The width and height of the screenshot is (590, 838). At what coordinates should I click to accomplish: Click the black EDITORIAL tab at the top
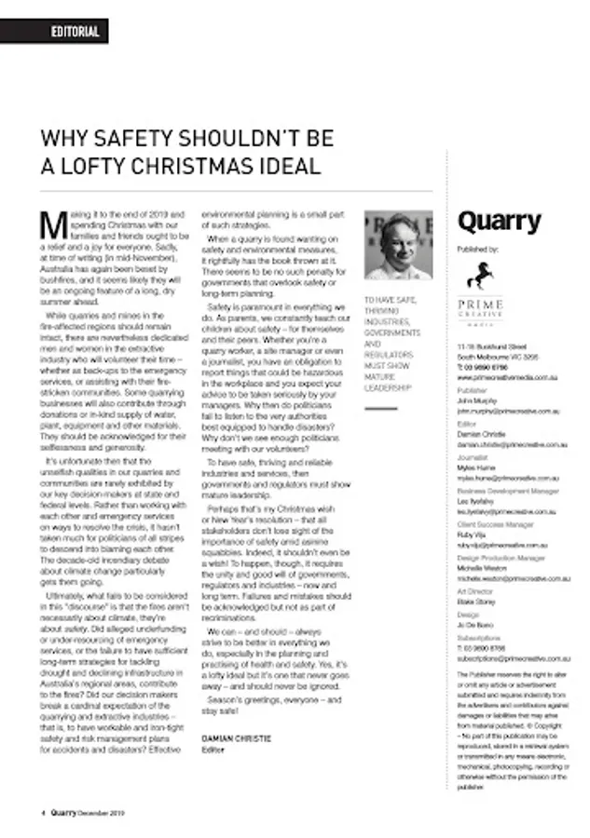pos(75,32)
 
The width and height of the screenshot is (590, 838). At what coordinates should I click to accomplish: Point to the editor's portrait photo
pos(398,246)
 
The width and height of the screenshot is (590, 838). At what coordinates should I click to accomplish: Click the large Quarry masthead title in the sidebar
pos(499,222)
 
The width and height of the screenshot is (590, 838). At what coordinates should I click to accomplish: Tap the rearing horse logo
pos(483,275)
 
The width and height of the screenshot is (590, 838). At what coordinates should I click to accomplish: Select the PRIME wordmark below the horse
pos(481,304)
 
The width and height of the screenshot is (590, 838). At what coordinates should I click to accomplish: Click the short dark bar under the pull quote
pos(381,408)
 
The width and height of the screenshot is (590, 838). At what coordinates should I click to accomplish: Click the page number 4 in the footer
pos(43,812)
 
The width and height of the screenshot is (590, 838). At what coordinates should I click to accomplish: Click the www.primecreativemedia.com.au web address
pos(507,379)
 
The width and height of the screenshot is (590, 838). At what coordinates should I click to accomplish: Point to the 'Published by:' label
pos(477,250)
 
